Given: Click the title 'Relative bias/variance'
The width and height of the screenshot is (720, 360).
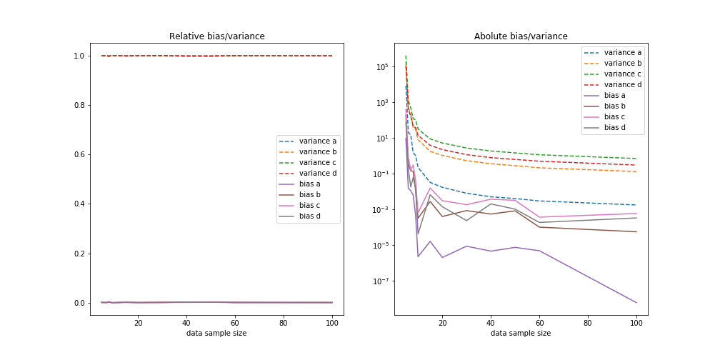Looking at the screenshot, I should coord(216,36).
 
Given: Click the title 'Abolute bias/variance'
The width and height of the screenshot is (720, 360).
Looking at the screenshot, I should coord(521,36).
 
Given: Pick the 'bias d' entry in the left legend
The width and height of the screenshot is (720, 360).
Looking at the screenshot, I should coord(308,216).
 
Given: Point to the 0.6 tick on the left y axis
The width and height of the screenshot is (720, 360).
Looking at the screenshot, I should coord(78,154).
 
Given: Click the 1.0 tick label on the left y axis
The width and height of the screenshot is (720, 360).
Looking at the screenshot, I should coord(78,56).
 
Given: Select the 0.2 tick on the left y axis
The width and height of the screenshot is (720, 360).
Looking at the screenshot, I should coord(78,254).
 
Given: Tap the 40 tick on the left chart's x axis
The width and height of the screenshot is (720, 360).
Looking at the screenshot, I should coord(186,322).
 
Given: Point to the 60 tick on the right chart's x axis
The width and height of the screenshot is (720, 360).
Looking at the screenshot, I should coord(539,322).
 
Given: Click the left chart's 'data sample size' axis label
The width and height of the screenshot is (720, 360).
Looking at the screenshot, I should coord(216,334).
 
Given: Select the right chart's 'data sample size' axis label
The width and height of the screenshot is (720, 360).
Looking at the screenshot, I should coord(521,334).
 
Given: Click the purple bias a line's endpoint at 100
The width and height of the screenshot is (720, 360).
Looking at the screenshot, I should coord(636,303).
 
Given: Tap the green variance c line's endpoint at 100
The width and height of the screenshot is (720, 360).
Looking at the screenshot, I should coord(636,159).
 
